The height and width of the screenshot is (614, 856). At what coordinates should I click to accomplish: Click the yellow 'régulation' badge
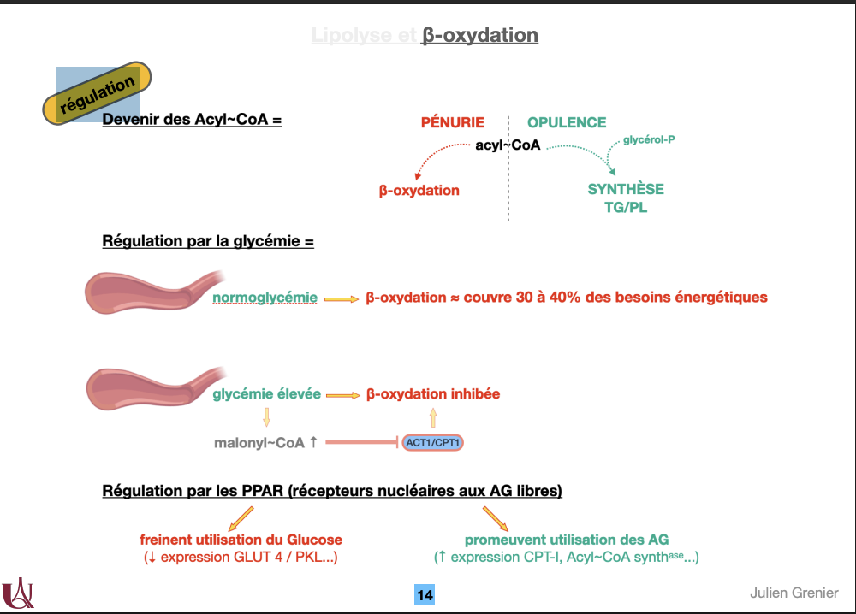(x=98, y=94)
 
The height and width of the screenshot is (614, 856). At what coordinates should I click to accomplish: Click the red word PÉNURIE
(x=452, y=122)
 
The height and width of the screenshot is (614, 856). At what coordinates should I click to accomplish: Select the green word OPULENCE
(x=567, y=122)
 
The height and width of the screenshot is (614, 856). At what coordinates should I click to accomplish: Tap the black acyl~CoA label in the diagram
(x=508, y=145)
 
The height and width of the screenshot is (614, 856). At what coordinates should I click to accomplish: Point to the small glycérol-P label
(x=649, y=139)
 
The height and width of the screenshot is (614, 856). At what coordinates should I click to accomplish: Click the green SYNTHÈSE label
(x=626, y=189)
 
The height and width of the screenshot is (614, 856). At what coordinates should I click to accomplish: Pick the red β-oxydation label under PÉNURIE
(x=419, y=191)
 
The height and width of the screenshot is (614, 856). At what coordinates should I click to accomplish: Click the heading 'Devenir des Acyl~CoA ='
(x=192, y=120)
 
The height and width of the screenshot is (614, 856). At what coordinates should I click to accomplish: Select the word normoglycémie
(x=265, y=298)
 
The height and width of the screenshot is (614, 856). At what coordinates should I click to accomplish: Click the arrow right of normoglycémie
(x=341, y=298)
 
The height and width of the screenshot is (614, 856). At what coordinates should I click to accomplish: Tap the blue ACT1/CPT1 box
(x=434, y=442)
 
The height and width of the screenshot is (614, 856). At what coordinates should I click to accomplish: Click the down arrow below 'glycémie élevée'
(x=266, y=417)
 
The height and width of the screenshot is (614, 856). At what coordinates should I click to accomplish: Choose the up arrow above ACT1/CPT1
(x=433, y=417)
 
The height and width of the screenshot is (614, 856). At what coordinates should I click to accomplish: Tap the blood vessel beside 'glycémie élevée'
(x=150, y=389)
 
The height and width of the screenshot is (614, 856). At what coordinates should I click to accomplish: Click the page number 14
(x=425, y=594)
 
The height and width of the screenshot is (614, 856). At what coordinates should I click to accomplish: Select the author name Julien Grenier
(x=794, y=593)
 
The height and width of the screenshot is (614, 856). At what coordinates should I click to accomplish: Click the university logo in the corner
(x=18, y=592)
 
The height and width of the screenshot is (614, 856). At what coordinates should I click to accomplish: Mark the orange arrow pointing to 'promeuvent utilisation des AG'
(x=496, y=518)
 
